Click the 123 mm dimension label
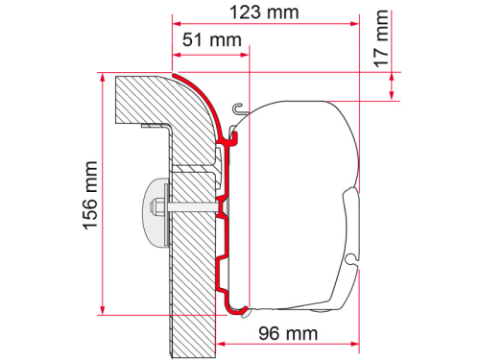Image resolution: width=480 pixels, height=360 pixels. [263, 12]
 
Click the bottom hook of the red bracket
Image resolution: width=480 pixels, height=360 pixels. [236, 308]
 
